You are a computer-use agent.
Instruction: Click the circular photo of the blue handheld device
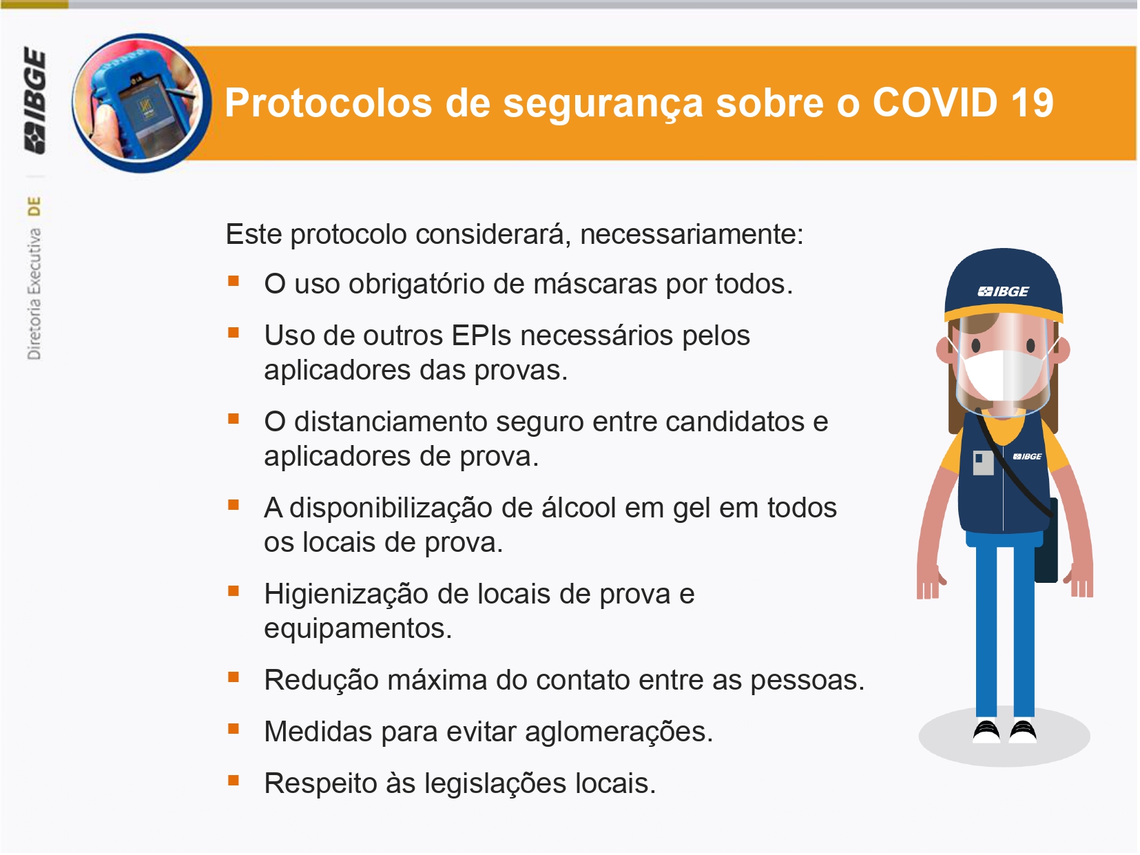(142, 103)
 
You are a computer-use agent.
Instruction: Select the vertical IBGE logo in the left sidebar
(35, 101)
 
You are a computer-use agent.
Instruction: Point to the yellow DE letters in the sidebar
(34, 206)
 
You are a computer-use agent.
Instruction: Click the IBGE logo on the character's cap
(1004, 292)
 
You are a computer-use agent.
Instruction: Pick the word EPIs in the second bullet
(482, 336)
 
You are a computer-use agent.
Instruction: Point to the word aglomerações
(620, 732)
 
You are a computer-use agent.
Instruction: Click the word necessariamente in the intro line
(692, 235)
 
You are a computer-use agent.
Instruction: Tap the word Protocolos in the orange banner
(329, 103)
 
